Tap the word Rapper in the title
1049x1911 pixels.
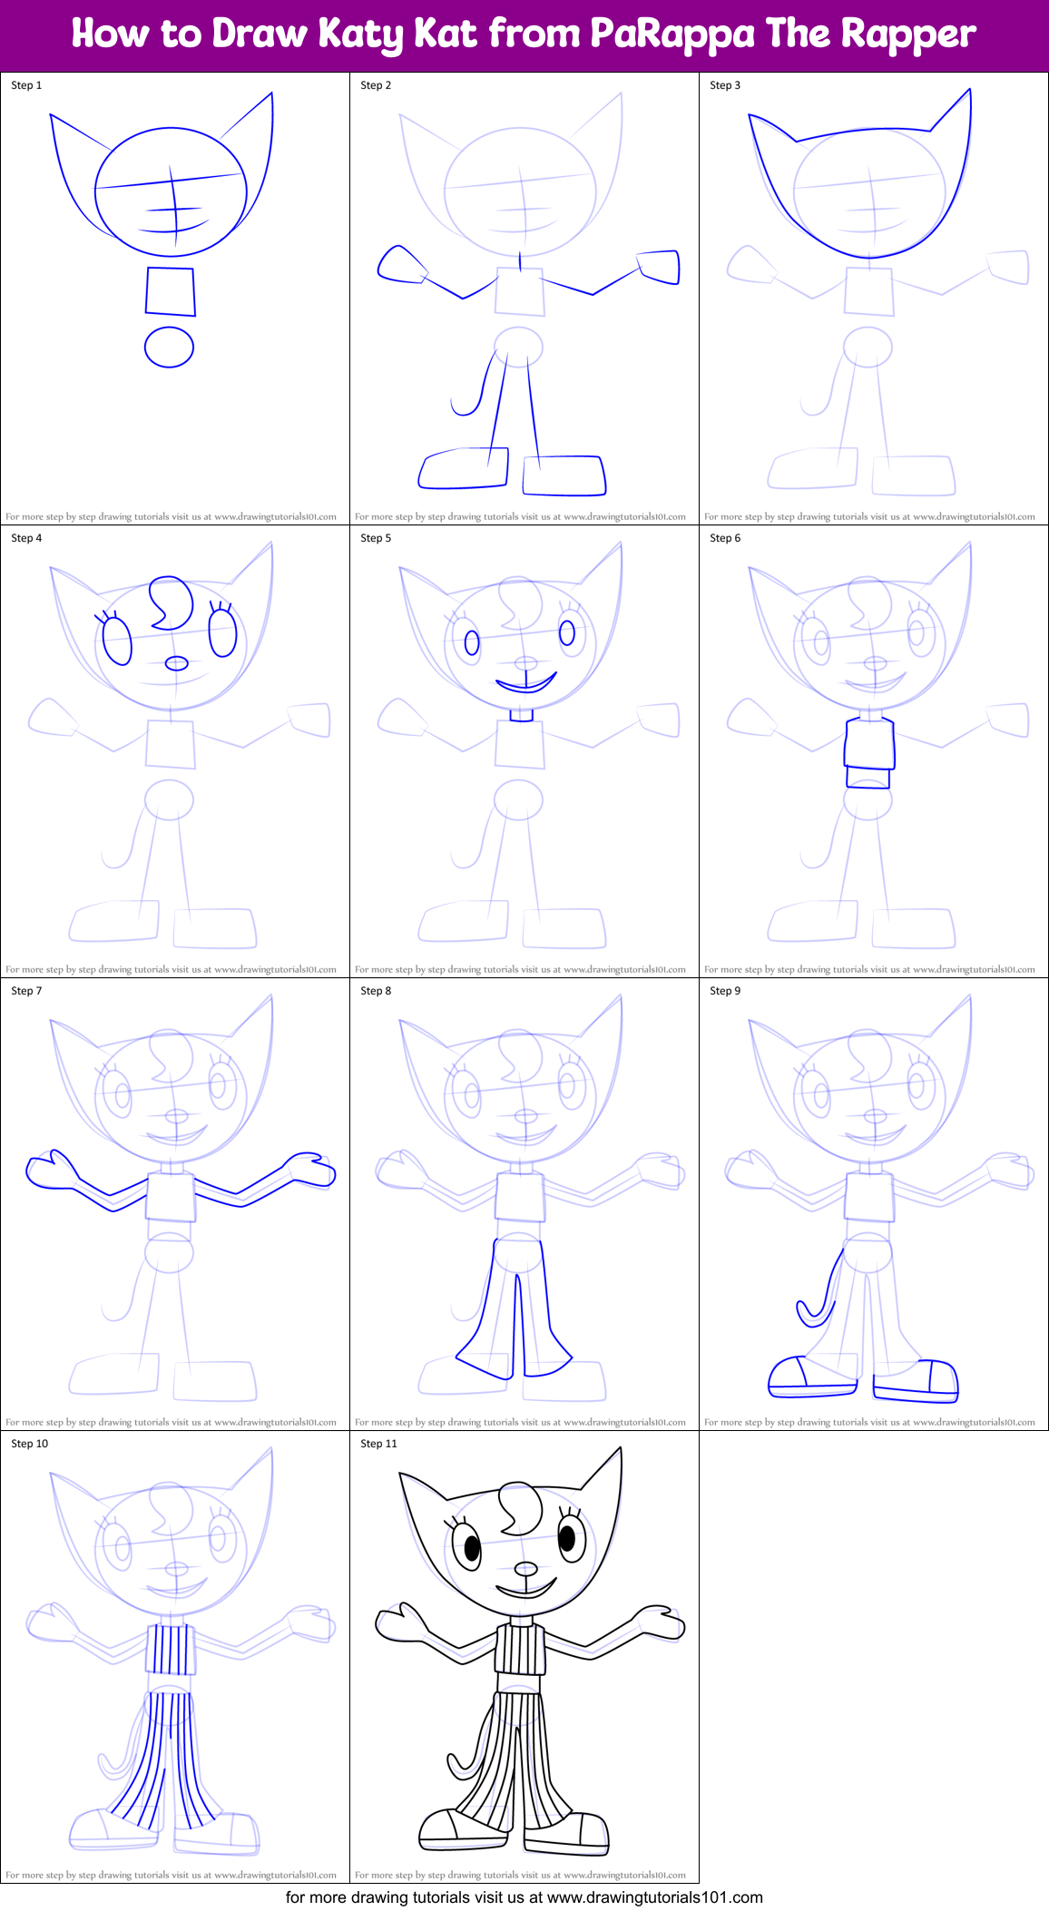click(907, 34)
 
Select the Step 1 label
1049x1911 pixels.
click(26, 85)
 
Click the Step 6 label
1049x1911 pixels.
click(724, 538)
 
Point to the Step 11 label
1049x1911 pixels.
click(378, 1444)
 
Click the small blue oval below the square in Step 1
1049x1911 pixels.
click(170, 347)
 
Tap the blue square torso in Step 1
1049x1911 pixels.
click(171, 291)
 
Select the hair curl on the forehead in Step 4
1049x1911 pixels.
click(171, 602)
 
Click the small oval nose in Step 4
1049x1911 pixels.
click(176, 663)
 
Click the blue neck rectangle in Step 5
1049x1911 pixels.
click(520, 716)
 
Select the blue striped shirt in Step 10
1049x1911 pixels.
click(171, 1650)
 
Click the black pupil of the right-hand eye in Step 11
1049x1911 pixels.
click(567, 1538)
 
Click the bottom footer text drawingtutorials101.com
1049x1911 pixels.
click(654, 1897)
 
